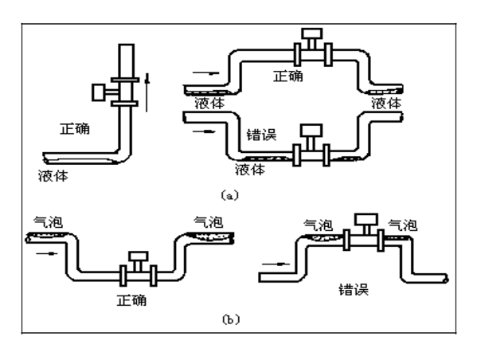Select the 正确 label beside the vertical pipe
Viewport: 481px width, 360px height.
tap(76, 127)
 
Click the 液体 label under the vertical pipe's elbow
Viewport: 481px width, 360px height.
tap(53, 175)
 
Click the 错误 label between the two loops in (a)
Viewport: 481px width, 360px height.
tap(261, 135)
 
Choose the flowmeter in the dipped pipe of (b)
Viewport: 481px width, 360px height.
tap(139, 270)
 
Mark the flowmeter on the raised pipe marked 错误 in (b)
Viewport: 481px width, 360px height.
tap(366, 229)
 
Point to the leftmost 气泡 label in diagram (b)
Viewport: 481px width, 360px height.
tap(47, 220)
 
